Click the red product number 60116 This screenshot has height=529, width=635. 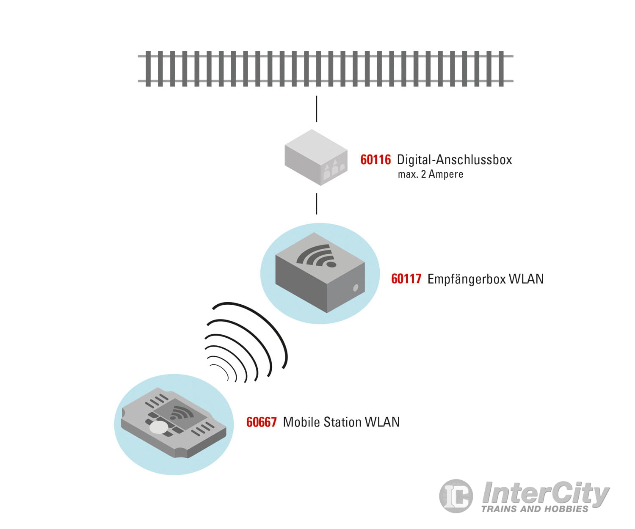pyautogui.click(x=375, y=160)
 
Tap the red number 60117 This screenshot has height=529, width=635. pyautogui.click(x=406, y=279)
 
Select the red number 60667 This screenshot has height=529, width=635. pyautogui.click(x=261, y=422)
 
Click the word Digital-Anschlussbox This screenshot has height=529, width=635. pyautogui.click(x=454, y=160)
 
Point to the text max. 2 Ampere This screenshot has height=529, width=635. pyautogui.click(x=430, y=174)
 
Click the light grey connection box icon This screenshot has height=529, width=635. pyautogui.click(x=315, y=157)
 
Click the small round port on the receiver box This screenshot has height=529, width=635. pyautogui.click(x=356, y=288)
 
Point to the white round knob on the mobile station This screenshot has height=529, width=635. pyautogui.click(x=159, y=427)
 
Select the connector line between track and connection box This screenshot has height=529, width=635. pyautogui.click(x=316, y=109)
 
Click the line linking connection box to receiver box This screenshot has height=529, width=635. pyautogui.click(x=316, y=204)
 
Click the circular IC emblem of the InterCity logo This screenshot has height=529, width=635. pyautogui.click(x=456, y=496)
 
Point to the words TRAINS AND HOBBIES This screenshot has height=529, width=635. pyautogui.click(x=534, y=509)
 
